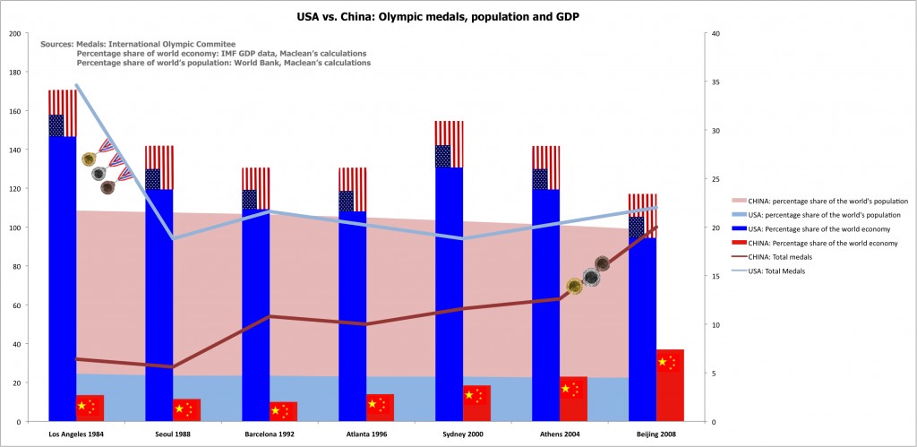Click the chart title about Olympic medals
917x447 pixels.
(458, 16)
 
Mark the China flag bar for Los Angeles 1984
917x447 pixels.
(90, 408)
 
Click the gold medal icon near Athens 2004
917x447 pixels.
(575, 286)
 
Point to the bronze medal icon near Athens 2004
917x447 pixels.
(603, 263)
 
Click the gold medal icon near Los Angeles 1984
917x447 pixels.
(88, 159)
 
